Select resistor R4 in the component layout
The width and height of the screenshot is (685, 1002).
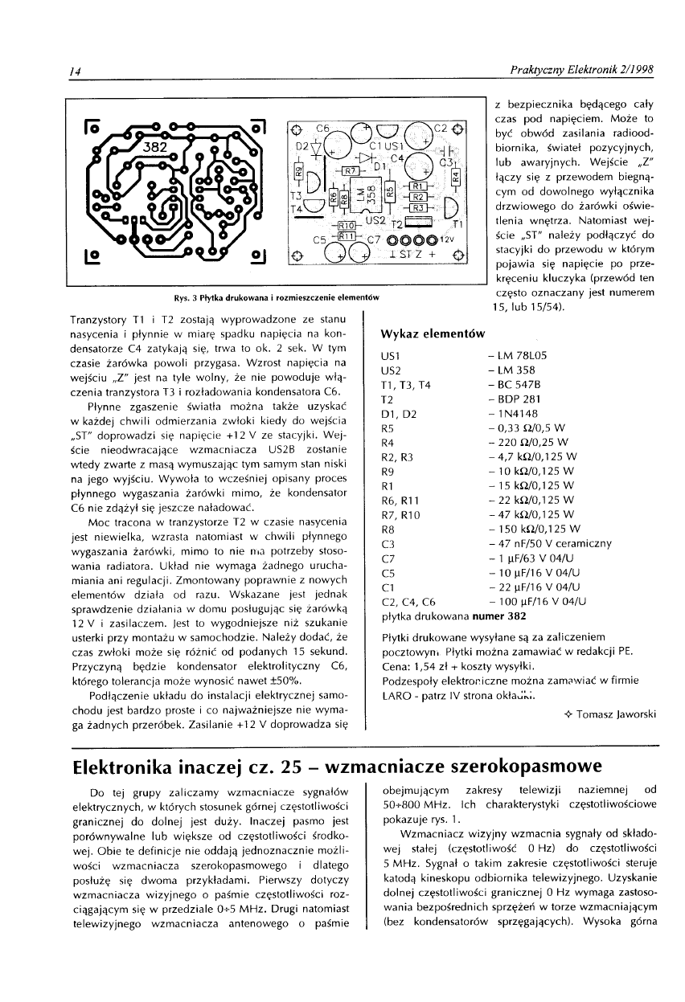[455, 174]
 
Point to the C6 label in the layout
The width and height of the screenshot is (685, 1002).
[322, 129]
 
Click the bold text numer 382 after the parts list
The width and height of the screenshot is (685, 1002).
[499, 616]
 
